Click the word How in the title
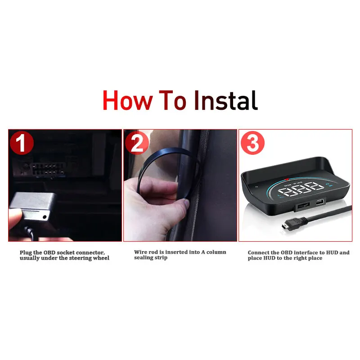pos(128,100)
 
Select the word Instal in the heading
pos(226,100)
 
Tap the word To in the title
pos(172,100)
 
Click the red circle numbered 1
pos(22,143)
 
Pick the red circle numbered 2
pos(137,143)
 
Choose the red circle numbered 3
pos(252,143)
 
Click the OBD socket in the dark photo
pos(48,170)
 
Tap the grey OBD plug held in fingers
pos(33,206)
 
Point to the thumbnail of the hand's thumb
pos(186,203)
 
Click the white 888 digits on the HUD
pos(301,189)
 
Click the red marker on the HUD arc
pos(286,179)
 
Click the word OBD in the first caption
pos(50,252)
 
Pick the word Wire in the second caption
pos(140,252)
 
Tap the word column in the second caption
pos(216,252)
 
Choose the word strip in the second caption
pos(161,257)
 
